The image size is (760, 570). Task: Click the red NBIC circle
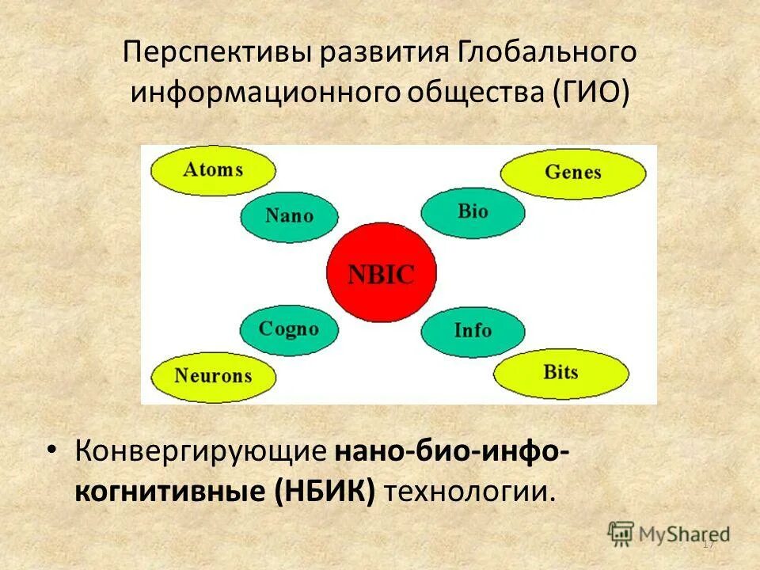[382, 274]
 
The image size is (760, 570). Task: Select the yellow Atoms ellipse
[213, 170]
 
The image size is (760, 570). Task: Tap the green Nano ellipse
[289, 215]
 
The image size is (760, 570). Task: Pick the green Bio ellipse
[473, 211]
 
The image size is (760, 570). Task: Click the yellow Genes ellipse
[573, 173]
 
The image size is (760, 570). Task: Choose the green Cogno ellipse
[288, 329]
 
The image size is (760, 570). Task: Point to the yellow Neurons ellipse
[213, 376]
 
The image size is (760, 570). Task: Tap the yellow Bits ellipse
[561, 372]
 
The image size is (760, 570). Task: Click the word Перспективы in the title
[217, 53]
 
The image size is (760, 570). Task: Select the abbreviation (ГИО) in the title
[587, 93]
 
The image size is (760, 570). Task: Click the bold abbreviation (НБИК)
[325, 492]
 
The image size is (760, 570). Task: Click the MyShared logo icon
[621, 533]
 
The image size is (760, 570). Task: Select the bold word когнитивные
[172, 492]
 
